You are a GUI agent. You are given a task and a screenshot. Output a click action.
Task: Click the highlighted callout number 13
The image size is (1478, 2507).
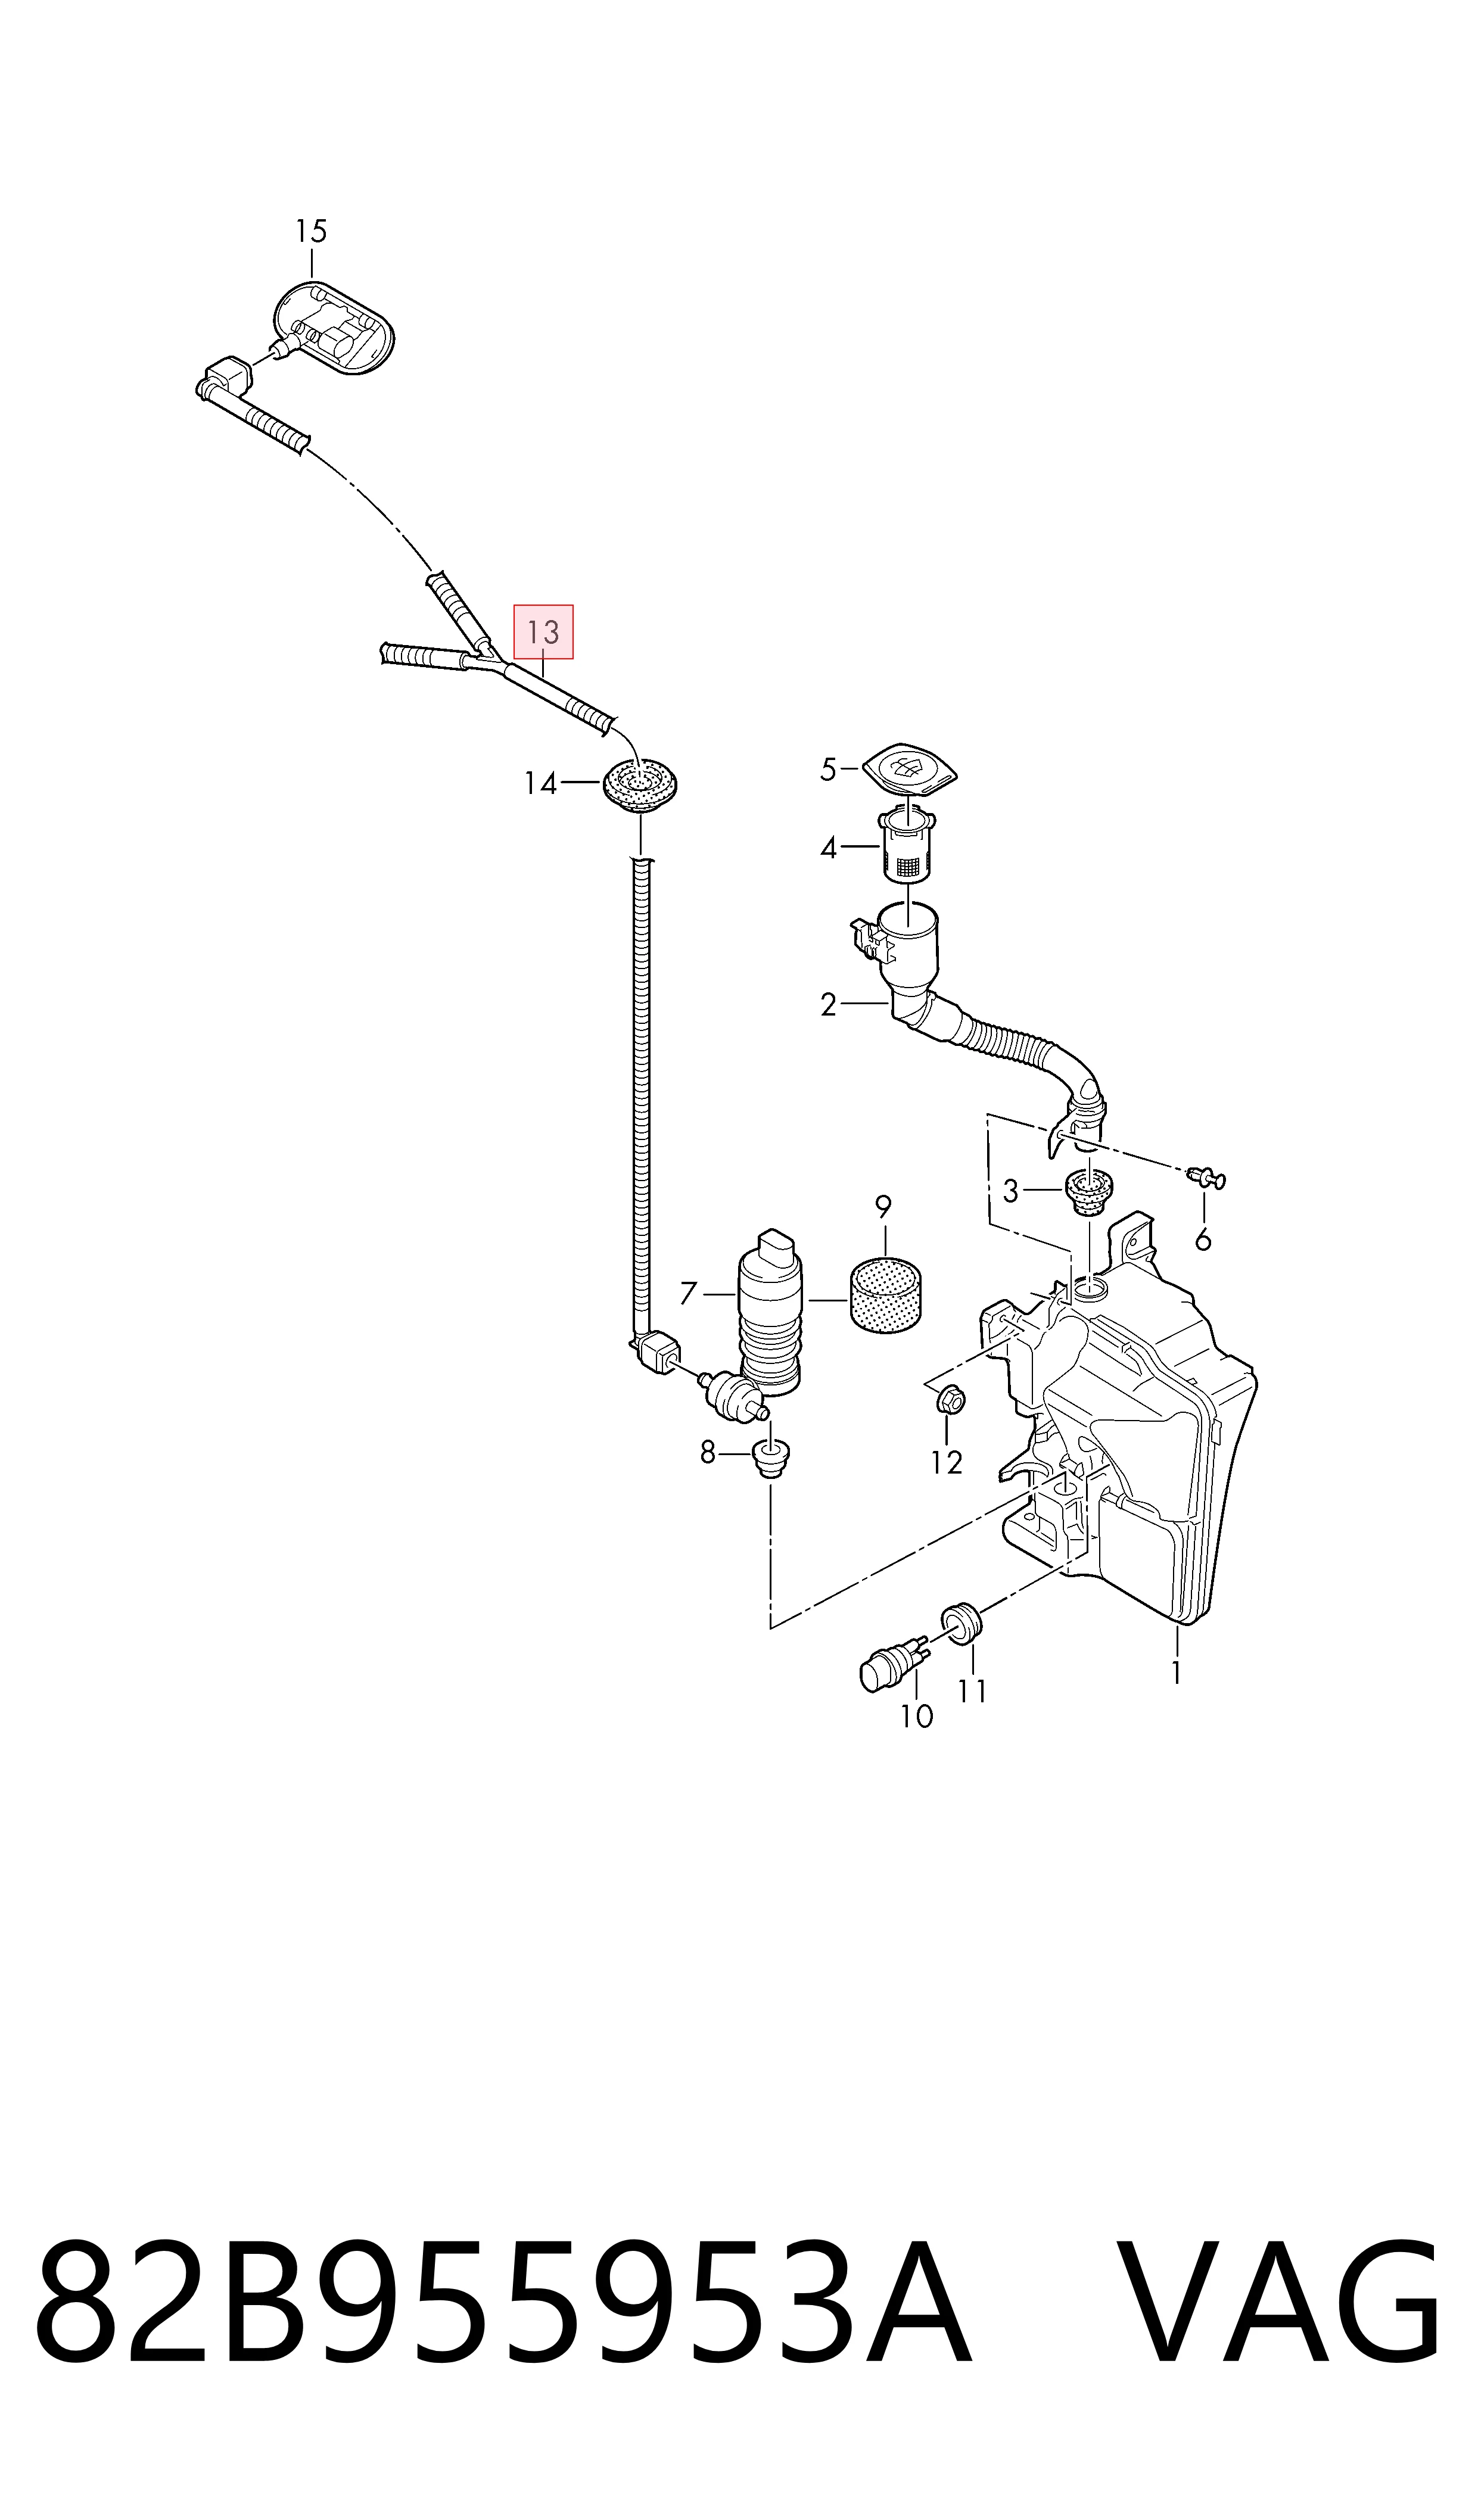[x=543, y=631]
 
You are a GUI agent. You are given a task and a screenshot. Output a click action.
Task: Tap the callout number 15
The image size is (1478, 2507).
[x=311, y=231]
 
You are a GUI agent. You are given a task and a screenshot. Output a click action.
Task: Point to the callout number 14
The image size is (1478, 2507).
[x=541, y=784]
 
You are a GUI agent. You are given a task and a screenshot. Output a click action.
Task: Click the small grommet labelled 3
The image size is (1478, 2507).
[x=1088, y=1191]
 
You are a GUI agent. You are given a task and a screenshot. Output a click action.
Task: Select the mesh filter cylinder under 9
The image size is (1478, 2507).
[x=885, y=1294]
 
